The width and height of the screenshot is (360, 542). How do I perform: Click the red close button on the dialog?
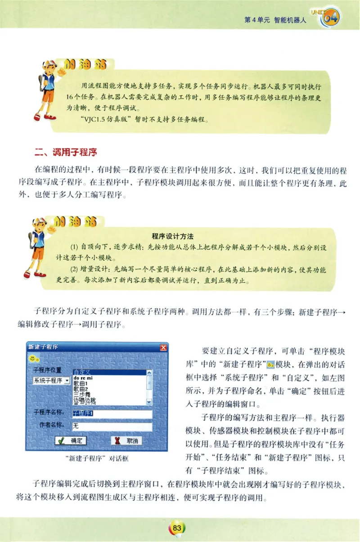pyautogui.click(x=163, y=347)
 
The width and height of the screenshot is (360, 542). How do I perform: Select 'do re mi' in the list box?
pyautogui.click(x=82, y=378)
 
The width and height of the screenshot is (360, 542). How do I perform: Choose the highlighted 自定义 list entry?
pyautogui.click(x=83, y=372)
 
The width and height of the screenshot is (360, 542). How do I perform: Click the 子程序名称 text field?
pyautogui.click(x=112, y=413)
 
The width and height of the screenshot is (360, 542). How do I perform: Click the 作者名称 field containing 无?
pyautogui.click(x=112, y=426)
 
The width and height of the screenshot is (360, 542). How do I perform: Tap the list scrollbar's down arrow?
pyautogui.click(x=149, y=401)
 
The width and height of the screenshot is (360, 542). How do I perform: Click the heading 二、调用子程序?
pyautogui.click(x=67, y=152)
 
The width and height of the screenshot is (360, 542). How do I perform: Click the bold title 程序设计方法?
pyautogui.click(x=173, y=236)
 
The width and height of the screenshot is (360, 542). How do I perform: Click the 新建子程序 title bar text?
pyautogui.click(x=43, y=347)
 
